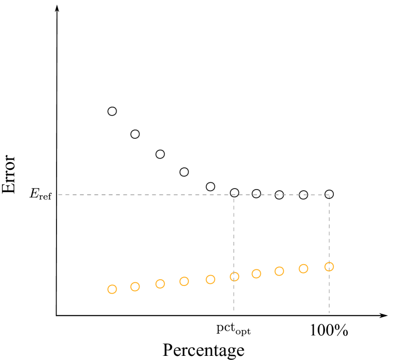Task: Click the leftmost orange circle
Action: pos(112,289)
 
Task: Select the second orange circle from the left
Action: pos(135,286)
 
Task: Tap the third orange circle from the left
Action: pos(160,284)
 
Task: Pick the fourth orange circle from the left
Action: pos(184,281)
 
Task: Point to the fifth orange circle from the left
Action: pos(210,279)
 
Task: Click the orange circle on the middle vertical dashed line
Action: pos(234,277)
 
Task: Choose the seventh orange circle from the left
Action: pos(256,273)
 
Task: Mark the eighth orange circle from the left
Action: pos(279,271)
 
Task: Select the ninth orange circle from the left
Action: pos(303,268)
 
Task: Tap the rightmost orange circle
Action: pos(329,267)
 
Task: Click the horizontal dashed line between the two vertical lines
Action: pos(281,195)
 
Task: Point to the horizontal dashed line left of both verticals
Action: pos(145,195)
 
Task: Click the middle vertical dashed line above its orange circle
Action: pos(234,233)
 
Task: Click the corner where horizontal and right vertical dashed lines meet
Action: pos(329,195)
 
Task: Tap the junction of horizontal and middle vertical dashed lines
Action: pos(234,195)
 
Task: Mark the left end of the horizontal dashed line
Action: pos(59,195)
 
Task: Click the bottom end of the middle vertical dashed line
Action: pos(234,311)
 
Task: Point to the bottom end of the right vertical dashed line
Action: pos(329,313)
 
